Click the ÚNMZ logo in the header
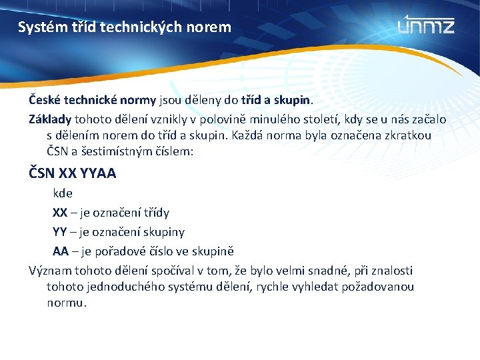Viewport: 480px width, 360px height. (x=426, y=25)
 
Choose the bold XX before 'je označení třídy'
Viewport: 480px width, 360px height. (x=60, y=213)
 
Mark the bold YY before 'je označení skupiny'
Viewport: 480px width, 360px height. (x=60, y=232)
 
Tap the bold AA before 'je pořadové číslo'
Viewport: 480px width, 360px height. (x=61, y=251)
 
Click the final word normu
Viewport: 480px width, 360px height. (x=67, y=303)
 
